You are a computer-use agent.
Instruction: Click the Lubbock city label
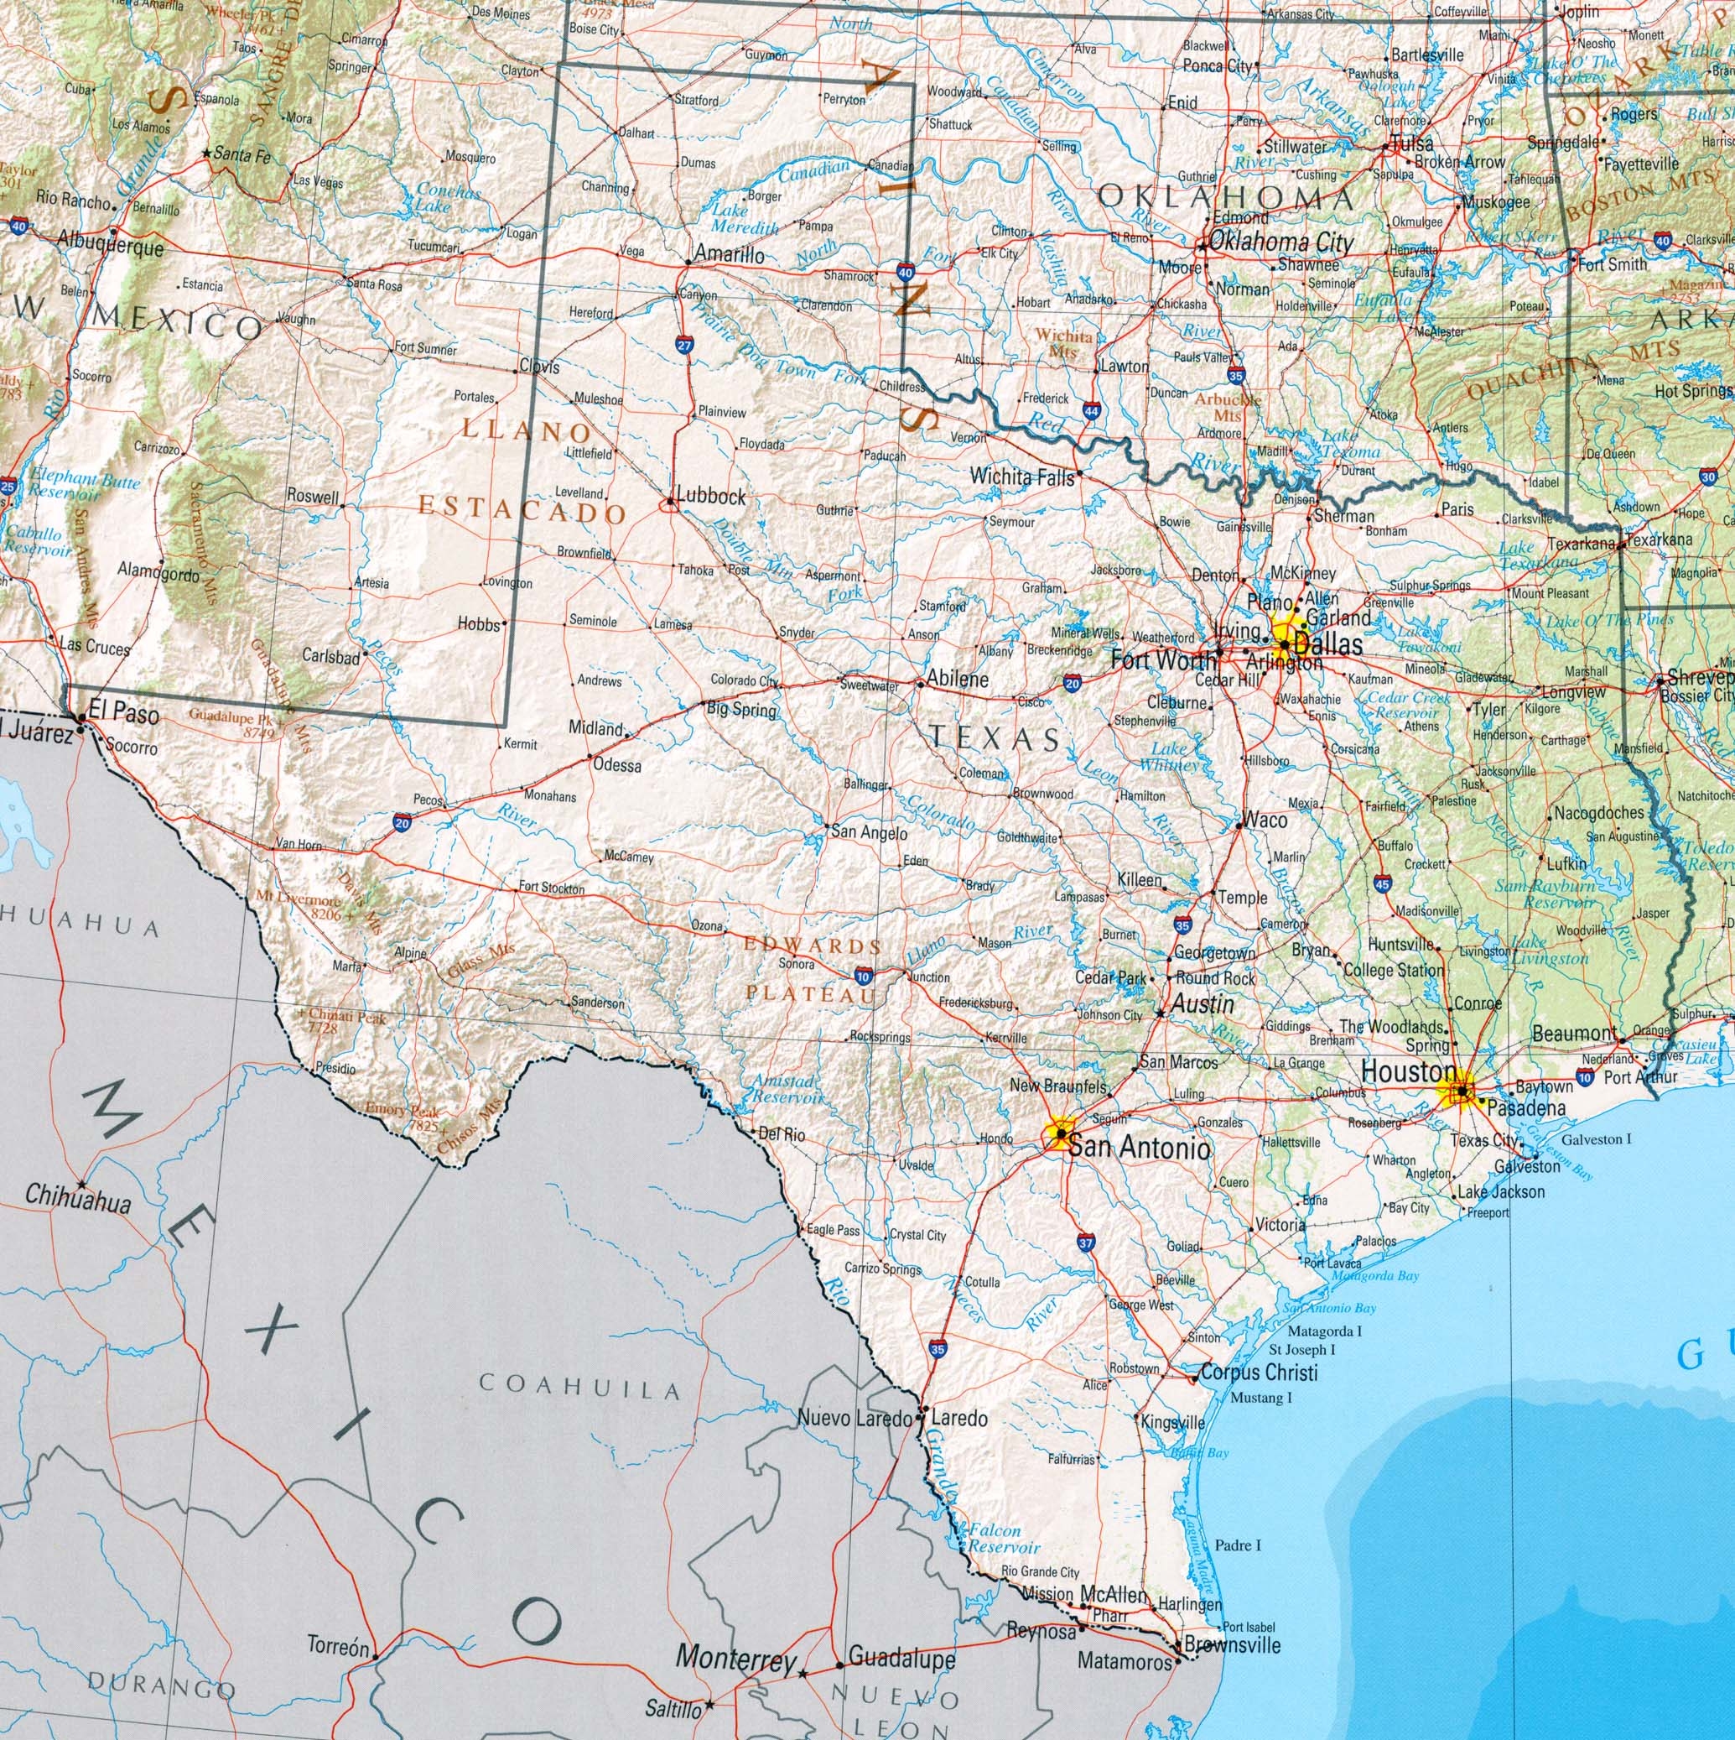pos(710,496)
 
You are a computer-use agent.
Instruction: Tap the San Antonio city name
pos(1139,1149)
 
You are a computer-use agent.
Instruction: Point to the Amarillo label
pos(730,256)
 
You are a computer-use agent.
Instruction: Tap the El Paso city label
pos(130,715)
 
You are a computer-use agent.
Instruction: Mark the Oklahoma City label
pos(1280,242)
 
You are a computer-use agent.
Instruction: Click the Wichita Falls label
pos(1022,477)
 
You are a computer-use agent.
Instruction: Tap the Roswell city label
pos(314,496)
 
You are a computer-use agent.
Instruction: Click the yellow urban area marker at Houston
pos(1458,1092)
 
